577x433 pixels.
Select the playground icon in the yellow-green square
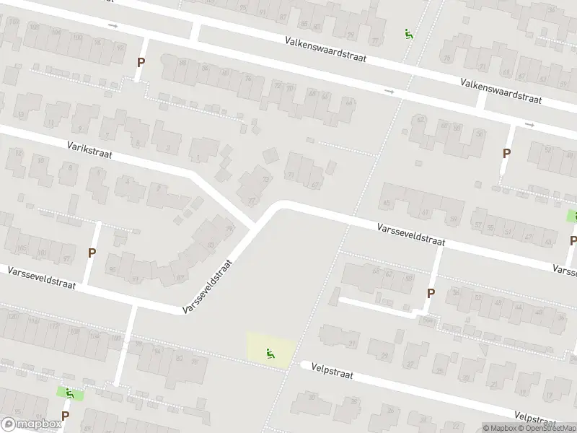(271, 353)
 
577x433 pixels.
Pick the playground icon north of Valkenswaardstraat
(409, 32)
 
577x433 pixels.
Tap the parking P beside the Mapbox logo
(65, 416)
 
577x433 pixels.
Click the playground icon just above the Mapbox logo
(70, 393)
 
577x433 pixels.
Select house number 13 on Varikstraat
(21, 115)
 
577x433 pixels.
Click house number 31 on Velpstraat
(352, 342)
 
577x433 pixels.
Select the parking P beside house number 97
(92, 253)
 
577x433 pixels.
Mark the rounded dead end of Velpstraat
(304, 365)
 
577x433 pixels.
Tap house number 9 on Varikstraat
(80, 128)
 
